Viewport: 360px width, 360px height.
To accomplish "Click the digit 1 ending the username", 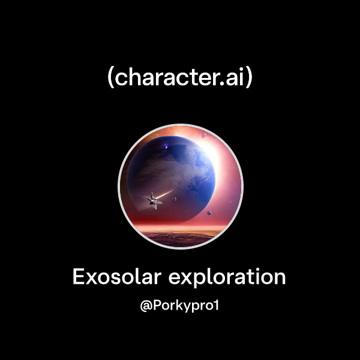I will point(218,305).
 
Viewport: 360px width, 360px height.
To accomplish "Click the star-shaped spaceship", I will point(154,201).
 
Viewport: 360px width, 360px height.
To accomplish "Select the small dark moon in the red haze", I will point(208,214).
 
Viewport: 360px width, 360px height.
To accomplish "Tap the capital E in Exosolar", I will point(79,277).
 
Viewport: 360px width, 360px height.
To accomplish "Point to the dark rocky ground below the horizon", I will point(180,239).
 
